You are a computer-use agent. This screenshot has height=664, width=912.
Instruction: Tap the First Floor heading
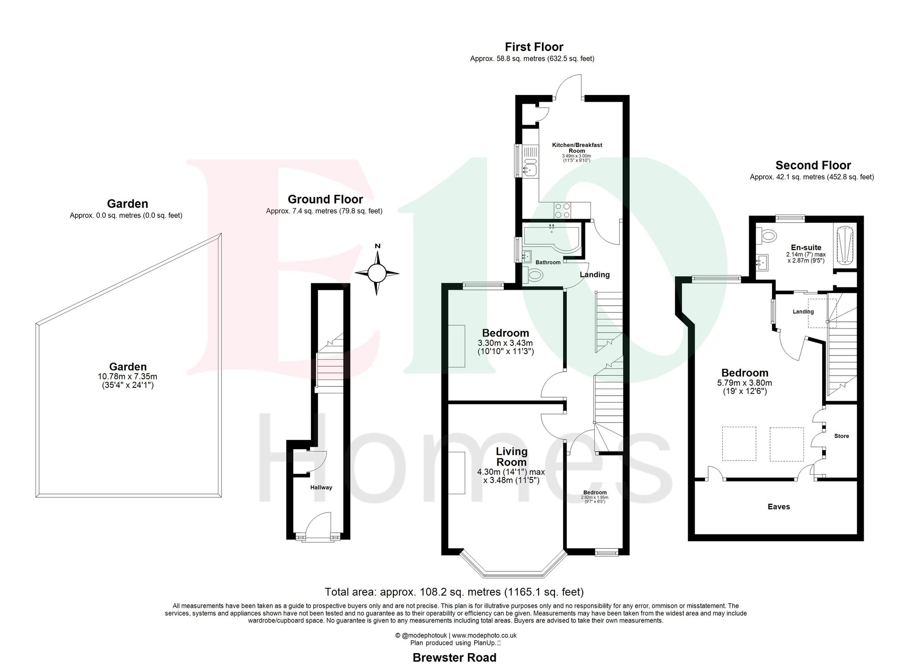[x=534, y=47]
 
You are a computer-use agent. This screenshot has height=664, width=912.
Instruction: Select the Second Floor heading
[x=813, y=165]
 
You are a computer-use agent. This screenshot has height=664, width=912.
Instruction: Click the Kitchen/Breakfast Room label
[x=577, y=147]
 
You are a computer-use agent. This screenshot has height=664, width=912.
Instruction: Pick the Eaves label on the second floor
[x=778, y=507]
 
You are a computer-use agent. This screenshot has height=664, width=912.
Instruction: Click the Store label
[x=841, y=436]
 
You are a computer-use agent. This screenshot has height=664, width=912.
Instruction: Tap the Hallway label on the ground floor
[x=321, y=487]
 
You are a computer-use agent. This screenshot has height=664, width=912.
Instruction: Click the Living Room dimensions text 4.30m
[x=512, y=472]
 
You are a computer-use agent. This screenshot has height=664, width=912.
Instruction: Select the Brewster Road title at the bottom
[x=454, y=657]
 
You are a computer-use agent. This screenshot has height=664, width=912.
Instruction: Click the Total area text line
[x=454, y=592]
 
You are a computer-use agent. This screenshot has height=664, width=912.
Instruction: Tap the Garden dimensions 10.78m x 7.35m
[x=127, y=376]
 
